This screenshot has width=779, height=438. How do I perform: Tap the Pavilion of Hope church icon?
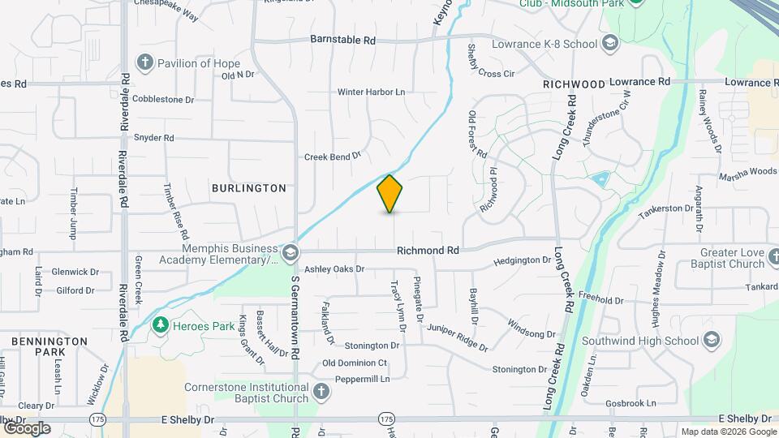click(145, 62)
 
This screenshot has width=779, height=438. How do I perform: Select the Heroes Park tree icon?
click(161, 325)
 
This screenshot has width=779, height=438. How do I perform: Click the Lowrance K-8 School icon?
click(610, 43)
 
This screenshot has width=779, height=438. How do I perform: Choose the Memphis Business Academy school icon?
click(290, 254)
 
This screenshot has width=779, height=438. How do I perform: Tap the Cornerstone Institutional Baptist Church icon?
click(321, 393)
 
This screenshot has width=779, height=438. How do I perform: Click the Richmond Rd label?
click(428, 251)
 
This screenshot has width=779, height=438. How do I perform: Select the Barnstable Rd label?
click(344, 39)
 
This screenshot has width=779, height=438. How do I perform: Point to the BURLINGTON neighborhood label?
click(249, 188)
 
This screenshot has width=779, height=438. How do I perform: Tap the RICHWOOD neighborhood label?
click(575, 84)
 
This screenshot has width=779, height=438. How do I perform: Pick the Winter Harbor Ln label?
click(371, 92)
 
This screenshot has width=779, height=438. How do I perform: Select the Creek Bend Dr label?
click(332, 156)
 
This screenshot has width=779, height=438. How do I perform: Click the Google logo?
click(27, 428)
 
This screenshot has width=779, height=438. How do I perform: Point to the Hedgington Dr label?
click(522, 260)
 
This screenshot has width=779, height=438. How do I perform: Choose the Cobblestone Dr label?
click(164, 100)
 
